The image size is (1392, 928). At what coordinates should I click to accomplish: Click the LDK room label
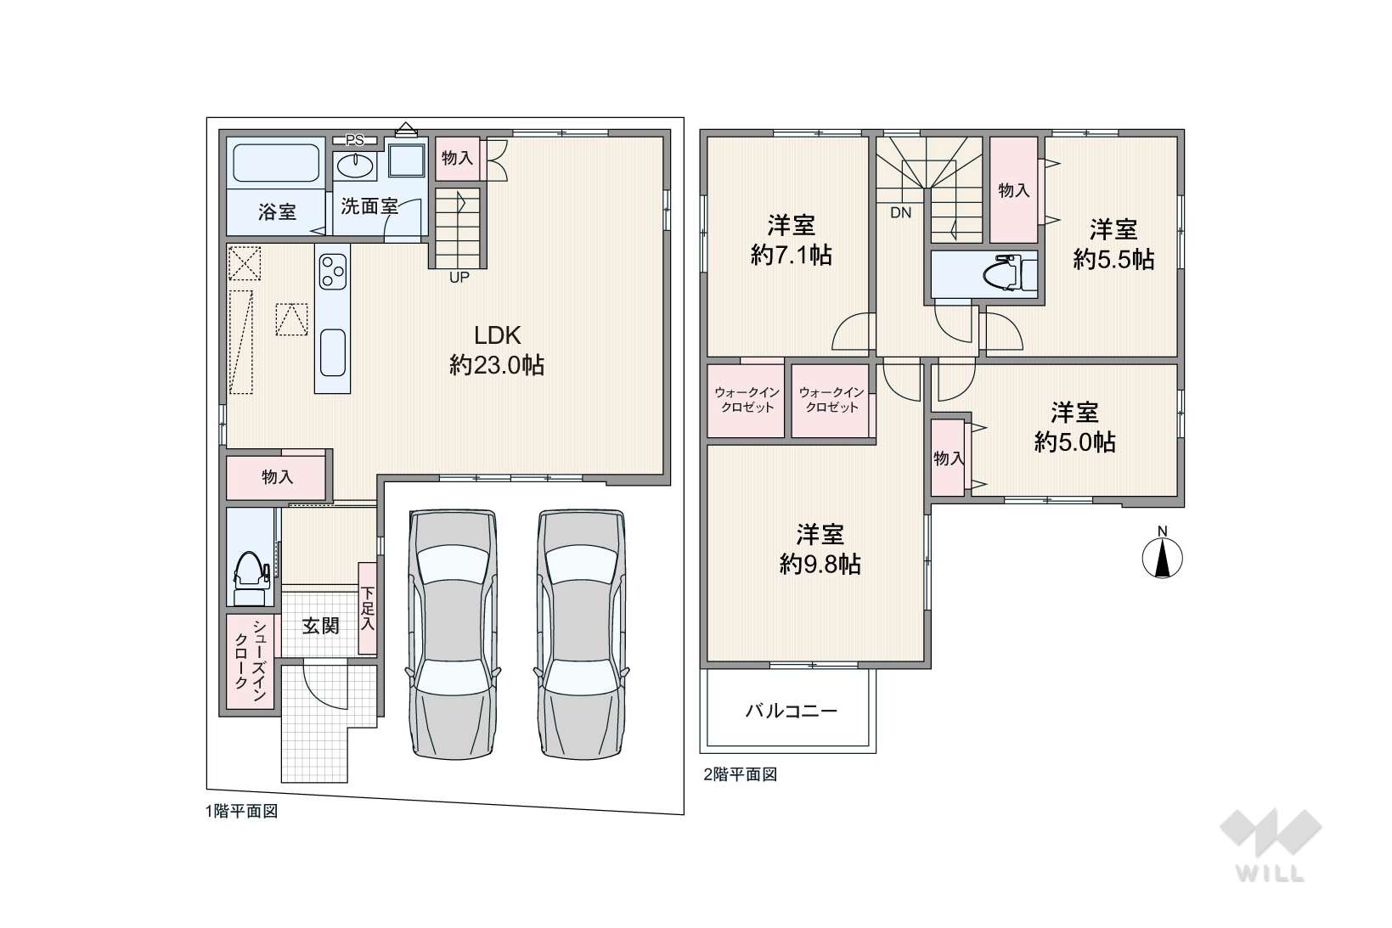click(497, 335)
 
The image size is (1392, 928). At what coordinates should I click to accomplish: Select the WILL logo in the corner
click(1271, 845)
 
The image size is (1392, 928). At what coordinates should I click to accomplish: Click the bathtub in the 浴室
click(276, 163)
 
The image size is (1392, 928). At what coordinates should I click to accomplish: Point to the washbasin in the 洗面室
click(356, 166)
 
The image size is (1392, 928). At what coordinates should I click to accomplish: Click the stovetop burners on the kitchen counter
click(332, 272)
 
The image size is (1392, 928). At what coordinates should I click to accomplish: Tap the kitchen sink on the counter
click(332, 352)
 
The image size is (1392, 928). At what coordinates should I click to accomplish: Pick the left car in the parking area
click(453, 634)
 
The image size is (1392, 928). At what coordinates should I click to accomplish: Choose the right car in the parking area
click(581, 634)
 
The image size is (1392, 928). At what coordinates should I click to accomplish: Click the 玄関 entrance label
click(321, 626)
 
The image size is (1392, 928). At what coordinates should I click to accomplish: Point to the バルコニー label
click(791, 711)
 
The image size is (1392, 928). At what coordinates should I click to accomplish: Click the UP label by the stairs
click(459, 278)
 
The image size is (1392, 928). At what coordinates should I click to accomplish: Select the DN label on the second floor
click(900, 213)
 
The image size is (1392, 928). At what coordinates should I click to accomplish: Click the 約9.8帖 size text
click(820, 565)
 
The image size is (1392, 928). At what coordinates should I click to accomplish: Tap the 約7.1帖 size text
click(791, 256)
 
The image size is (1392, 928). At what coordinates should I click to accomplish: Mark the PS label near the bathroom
click(355, 140)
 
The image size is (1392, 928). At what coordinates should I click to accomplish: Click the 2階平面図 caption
click(740, 774)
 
